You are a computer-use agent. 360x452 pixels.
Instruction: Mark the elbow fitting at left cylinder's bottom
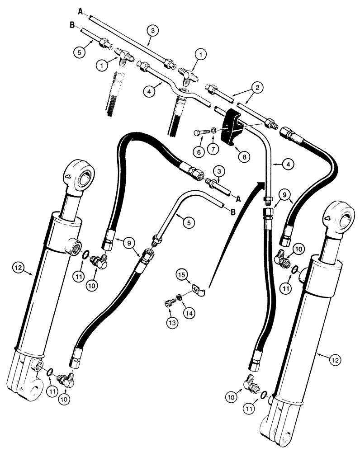point(69,379)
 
